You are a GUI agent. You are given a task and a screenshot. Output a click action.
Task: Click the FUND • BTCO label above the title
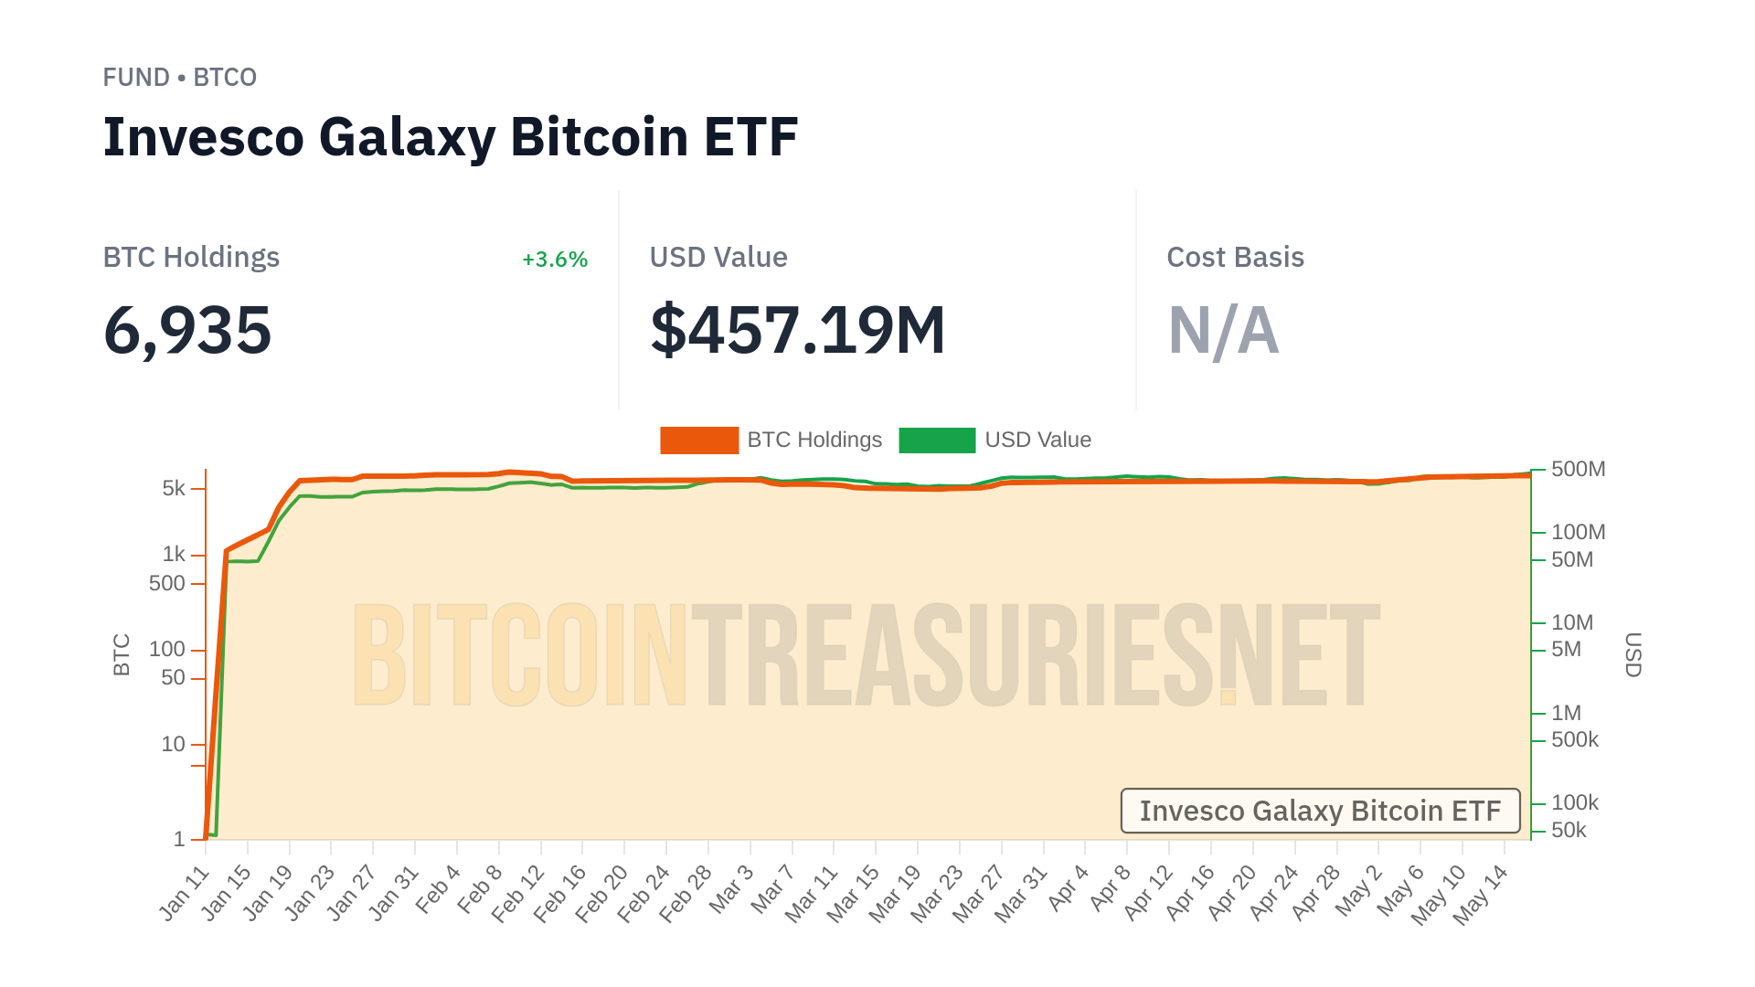click(179, 78)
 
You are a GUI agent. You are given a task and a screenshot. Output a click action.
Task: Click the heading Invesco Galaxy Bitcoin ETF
click(451, 137)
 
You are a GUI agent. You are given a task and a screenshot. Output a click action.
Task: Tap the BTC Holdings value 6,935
click(187, 330)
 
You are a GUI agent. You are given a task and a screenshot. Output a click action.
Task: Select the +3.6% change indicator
click(554, 260)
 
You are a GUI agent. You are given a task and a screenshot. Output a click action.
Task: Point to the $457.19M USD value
click(797, 330)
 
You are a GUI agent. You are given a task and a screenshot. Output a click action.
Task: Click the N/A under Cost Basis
click(1223, 330)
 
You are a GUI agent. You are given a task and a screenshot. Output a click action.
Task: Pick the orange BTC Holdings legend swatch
click(699, 440)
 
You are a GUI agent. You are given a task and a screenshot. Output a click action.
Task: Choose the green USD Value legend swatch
click(937, 440)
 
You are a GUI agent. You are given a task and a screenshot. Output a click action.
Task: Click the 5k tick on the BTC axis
click(174, 489)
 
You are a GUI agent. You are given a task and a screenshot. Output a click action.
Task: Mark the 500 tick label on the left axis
click(167, 583)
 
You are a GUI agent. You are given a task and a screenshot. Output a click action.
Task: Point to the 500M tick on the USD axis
click(1578, 470)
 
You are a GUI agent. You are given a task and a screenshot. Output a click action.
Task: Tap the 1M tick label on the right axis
click(1566, 713)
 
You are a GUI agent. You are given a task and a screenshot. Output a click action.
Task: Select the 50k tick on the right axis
click(1569, 830)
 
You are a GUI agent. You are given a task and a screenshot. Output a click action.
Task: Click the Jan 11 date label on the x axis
click(186, 892)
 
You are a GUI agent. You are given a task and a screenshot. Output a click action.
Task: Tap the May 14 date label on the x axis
click(1481, 894)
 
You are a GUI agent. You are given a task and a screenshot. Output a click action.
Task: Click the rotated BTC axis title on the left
click(122, 654)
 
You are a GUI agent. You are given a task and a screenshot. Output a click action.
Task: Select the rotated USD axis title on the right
click(1633, 654)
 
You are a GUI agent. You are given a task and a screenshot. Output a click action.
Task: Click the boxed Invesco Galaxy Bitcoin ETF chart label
click(1320, 811)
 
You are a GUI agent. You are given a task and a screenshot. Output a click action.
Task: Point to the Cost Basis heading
click(1235, 258)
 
